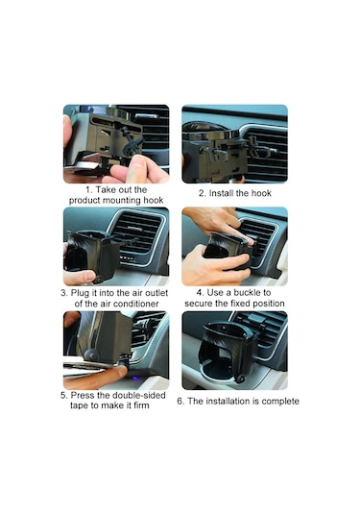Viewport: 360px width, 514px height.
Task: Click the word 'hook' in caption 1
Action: [x=154, y=200]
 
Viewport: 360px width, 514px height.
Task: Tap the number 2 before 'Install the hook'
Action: [x=203, y=193]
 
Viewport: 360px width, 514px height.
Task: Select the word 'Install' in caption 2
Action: [x=221, y=193]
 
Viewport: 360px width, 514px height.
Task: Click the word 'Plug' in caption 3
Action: [x=80, y=293]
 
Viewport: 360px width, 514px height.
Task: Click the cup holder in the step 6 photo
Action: [x=226, y=350]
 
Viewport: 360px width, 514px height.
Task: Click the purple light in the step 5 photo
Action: [x=136, y=379]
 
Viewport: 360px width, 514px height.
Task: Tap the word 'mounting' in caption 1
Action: [x=122, y=200]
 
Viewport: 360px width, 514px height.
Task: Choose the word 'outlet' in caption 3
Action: [x=156, y=293]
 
